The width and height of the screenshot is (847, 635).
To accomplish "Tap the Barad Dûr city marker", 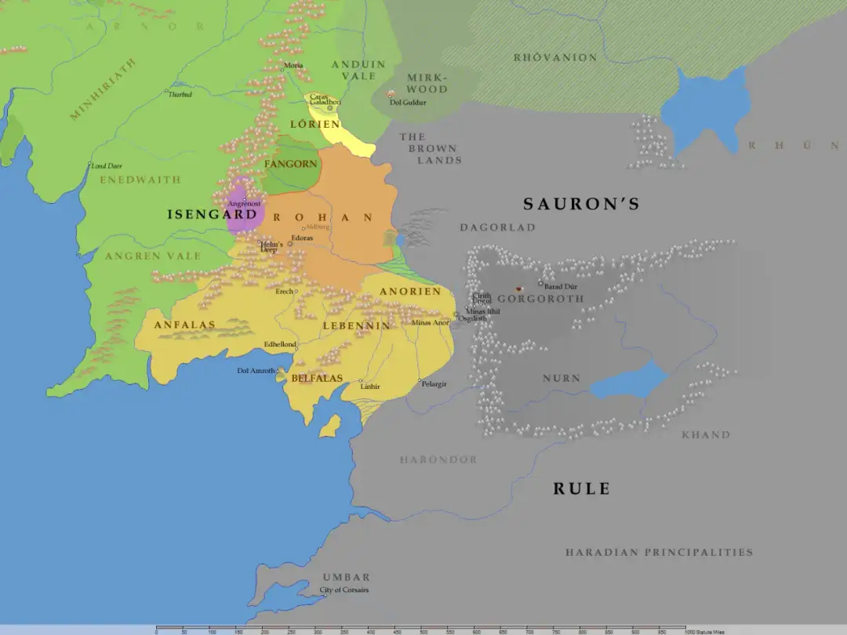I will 540,283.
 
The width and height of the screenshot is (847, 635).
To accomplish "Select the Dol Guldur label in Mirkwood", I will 408,102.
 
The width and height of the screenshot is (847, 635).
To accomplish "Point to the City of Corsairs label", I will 344,590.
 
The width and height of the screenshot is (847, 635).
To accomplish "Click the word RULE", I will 581,488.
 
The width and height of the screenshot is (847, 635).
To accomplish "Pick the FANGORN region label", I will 291,164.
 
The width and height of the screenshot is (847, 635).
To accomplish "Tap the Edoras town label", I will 302,238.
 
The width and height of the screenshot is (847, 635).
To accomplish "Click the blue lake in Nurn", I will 627,380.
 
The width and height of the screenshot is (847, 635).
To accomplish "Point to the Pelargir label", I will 434,384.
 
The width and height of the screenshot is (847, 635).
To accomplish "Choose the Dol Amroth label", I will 256,371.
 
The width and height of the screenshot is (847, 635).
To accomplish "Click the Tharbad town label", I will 180,94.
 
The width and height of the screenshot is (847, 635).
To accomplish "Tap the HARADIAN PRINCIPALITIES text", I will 659,553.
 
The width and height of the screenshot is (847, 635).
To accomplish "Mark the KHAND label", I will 706,435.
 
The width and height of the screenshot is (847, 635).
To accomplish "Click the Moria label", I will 293,65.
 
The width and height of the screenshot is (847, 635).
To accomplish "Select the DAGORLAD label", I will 497,227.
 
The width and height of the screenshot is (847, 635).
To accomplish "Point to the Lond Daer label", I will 107,166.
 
